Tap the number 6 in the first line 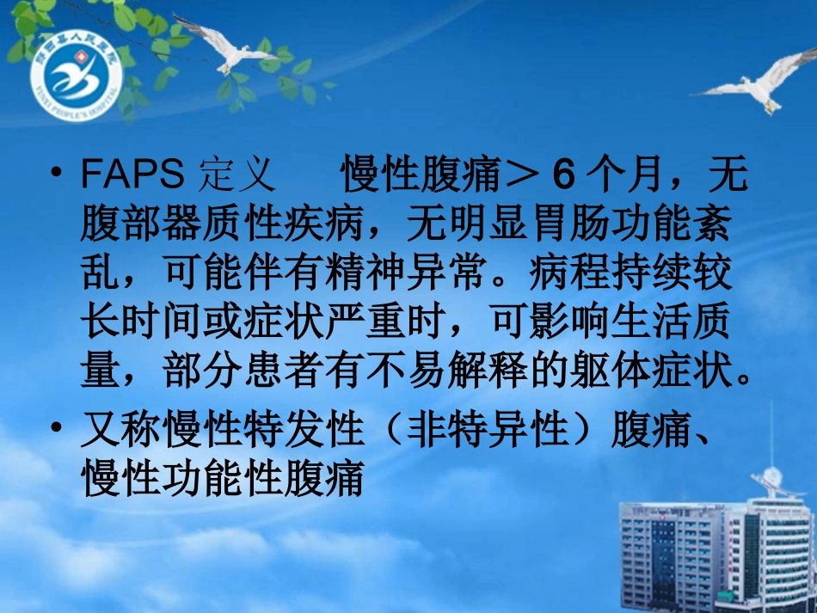(562, 176)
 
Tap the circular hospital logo (77, 82)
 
